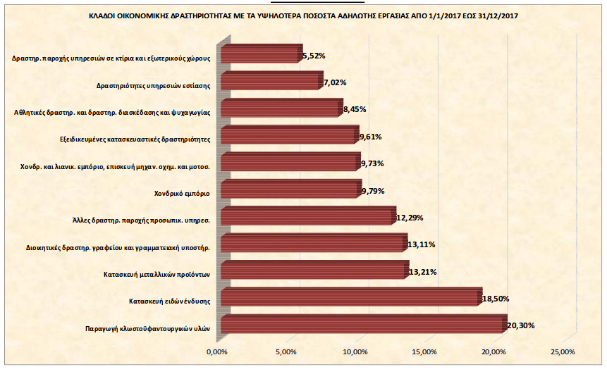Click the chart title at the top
point(303,15)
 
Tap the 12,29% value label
point(410,218)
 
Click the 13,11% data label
point(422,244)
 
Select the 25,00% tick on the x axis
point(563,351)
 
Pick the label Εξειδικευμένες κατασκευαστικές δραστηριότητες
point(136,139)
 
